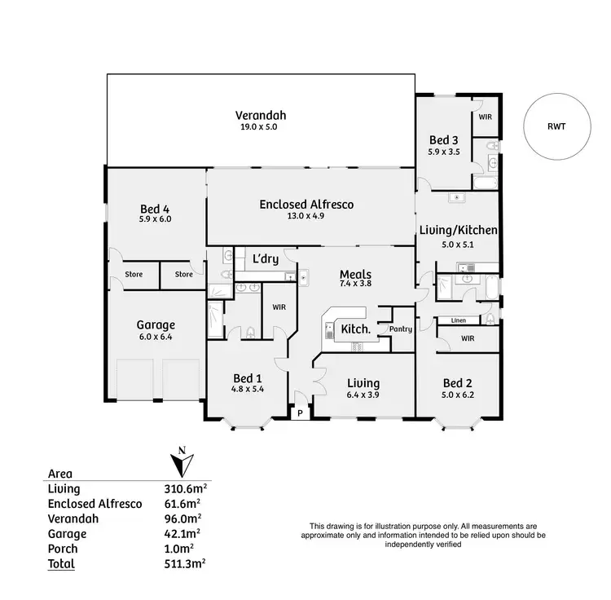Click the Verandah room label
(x=261, y=115)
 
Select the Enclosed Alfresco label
(x=306, y=205)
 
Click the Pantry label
(x=400, y=329)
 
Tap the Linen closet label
(x=458, y=320)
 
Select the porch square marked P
(x=300, y=413)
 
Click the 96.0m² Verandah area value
(x=185, y=518)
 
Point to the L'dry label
(x=266, y=260)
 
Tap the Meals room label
(x=356, y=275)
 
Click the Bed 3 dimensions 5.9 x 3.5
(x=444, y=152)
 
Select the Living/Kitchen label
(x=457, y=231)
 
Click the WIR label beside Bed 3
(x=485, y=117)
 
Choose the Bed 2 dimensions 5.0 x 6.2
(x=457, y=395)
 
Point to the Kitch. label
(x=355, y=329)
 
